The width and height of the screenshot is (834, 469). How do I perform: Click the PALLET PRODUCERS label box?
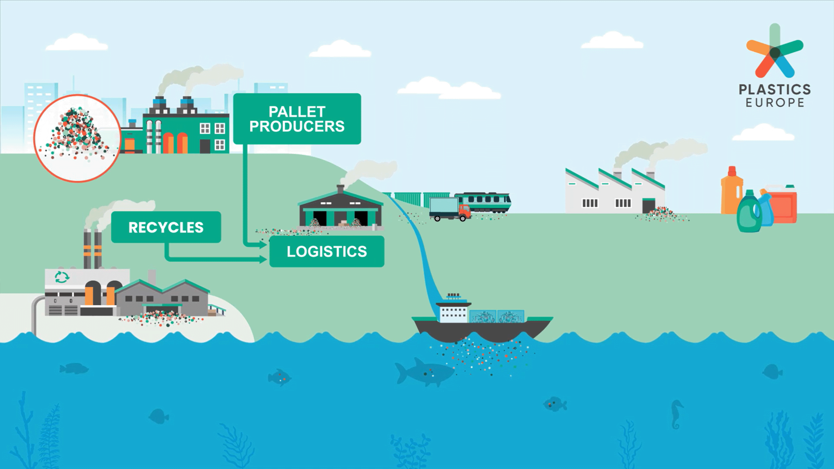pos(297,119)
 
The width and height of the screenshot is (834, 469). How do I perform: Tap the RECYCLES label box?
pos(166,227)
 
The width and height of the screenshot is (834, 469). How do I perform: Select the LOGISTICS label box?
pos(327,251)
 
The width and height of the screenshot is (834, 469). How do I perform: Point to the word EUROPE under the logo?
pos(775,103)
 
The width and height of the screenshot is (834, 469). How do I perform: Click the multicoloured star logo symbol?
pos(775,52)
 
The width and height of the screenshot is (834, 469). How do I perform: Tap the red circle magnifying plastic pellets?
pos(78,138)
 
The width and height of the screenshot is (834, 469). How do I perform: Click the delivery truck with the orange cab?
pos(450,209)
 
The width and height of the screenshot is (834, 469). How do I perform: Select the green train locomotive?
pos(486,201)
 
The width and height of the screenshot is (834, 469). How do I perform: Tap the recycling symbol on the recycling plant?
pos(62,277)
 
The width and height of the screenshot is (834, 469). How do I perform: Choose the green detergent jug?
pos(749,214)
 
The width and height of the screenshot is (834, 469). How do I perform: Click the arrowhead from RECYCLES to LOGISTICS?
pos(263,260)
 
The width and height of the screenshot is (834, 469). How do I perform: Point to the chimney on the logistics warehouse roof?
pos(340,189)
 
